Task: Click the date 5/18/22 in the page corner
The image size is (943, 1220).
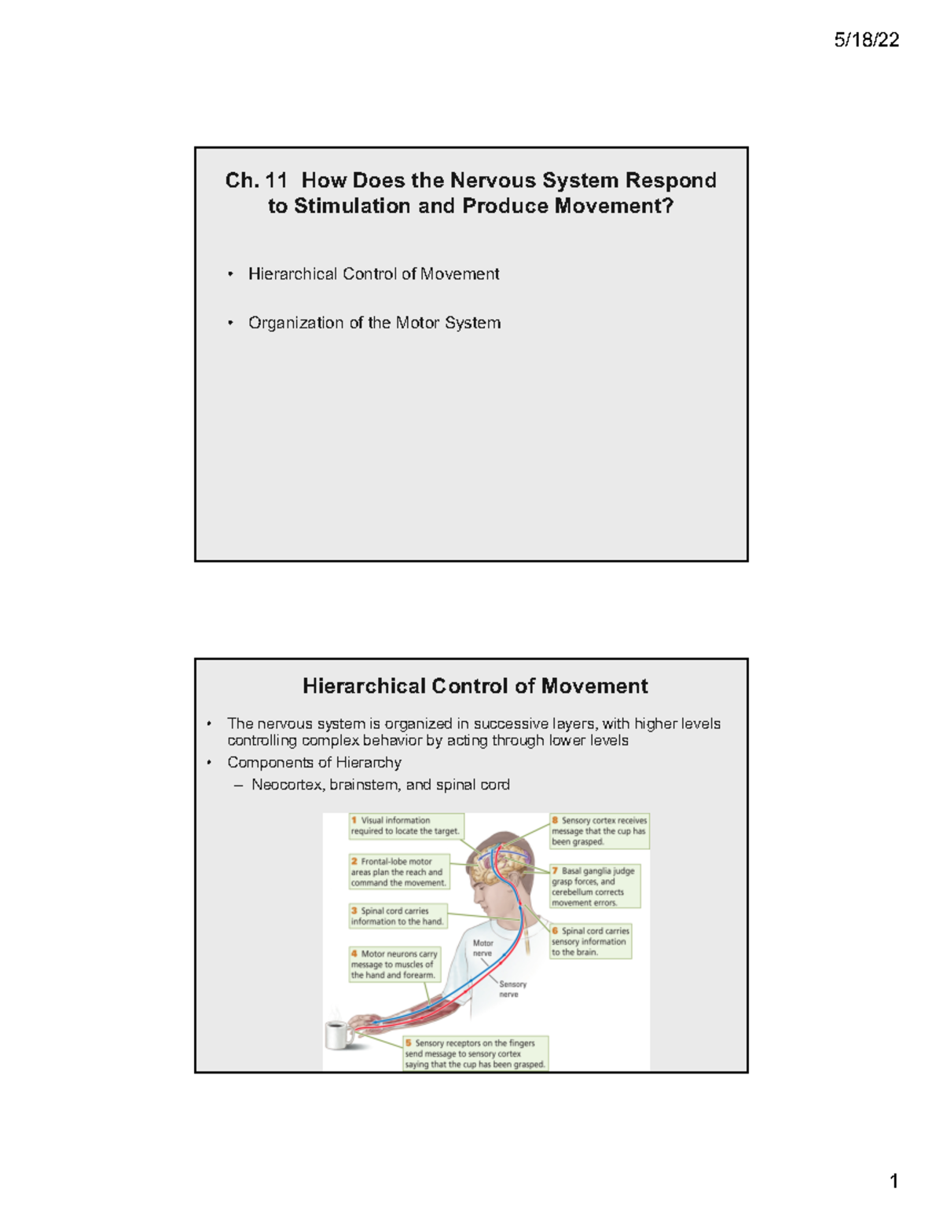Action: (866, 40)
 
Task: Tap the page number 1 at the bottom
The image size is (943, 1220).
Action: (893, 1181)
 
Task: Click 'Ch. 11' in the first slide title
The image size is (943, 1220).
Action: (255, 181)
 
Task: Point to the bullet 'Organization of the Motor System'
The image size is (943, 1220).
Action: (374, 323)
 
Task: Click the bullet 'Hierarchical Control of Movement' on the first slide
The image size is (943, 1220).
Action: (373, 274)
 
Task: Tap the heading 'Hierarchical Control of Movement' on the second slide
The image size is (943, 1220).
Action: (475, 686)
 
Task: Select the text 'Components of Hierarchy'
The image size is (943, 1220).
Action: (314, 762)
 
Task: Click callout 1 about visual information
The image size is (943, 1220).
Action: (405, 826)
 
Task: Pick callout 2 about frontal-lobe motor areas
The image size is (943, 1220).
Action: (399, 872)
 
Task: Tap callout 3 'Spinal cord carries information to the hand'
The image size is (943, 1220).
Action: (398, 916)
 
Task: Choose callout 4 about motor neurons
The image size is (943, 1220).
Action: (394, 964)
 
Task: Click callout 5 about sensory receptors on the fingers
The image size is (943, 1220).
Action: (475, 1053)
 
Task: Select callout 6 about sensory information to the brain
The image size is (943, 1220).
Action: (590, 941)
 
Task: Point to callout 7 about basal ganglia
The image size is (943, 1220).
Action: (594, 886)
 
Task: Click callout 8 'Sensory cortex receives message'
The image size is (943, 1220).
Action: (599, 831)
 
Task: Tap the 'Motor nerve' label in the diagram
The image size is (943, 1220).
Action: (483, 948)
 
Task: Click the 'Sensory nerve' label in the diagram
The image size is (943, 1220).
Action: (512, 989)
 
